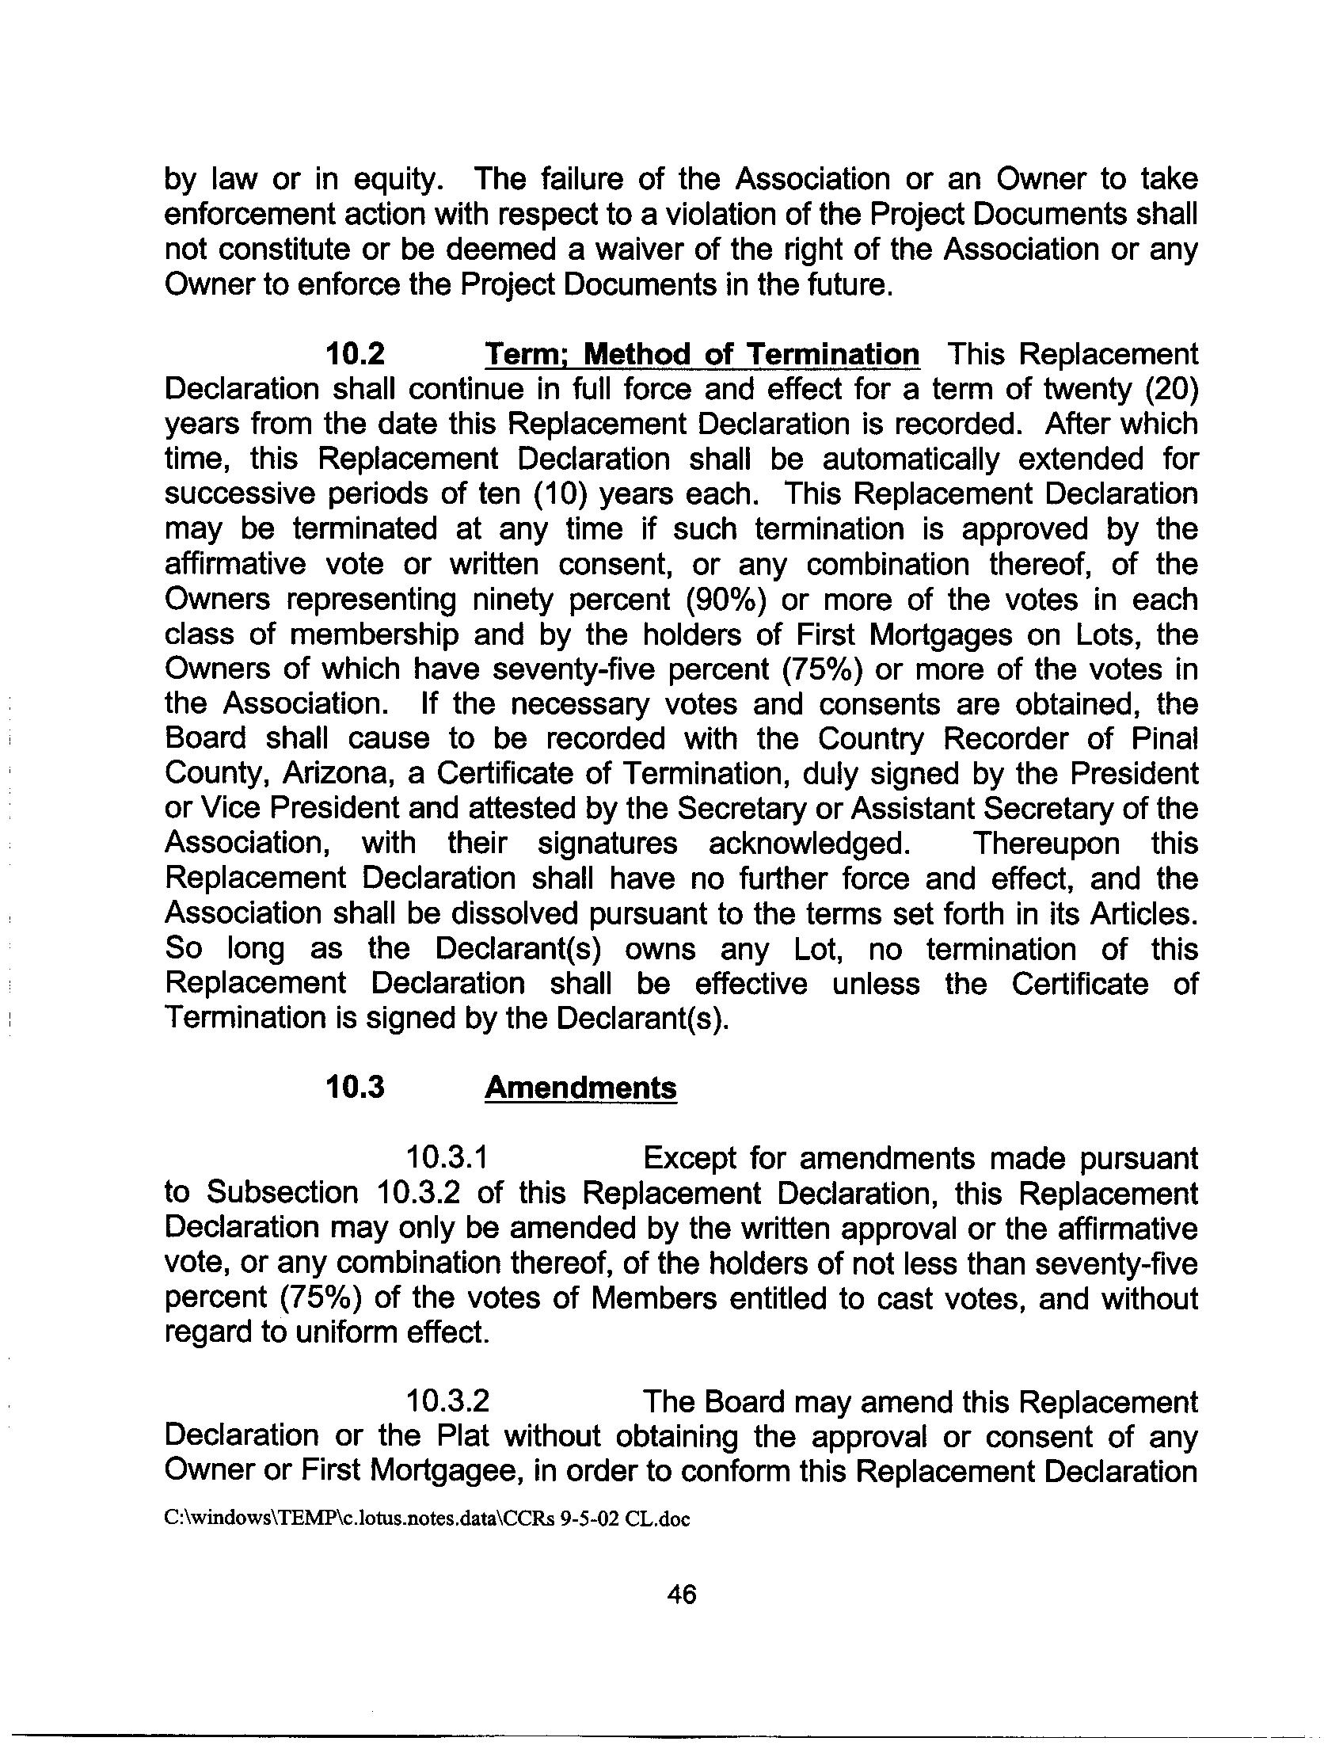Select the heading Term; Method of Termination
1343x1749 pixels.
click(702, 353)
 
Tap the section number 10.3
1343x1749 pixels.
click(354, 1088)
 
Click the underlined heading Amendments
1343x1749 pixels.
click(580, 1088)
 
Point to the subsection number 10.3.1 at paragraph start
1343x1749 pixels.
click(447, 1158)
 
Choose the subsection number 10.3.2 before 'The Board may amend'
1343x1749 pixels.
click(447, 1401)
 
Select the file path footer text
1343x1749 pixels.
click(426, 1518)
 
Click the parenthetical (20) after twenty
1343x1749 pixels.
click(1171, 390)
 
